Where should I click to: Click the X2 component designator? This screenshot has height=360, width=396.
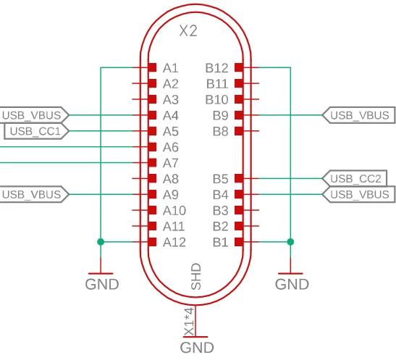pyautogui.click(x=188, y=31)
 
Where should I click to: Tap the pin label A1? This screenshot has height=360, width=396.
pyautogui.click(x=171, y=68)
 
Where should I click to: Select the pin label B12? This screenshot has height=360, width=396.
pyautogui.click(x=216, y=68)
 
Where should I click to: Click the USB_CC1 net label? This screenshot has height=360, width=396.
pyautogui.click(x=35, y=131)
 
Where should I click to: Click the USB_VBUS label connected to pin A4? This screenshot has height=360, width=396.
pyautogui.click(x=32, y=115)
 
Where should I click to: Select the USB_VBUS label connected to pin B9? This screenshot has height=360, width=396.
pyautogui.click(x=360, y=115)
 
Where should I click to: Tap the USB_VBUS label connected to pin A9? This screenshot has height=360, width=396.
pyautogui.click(x=32, y=194)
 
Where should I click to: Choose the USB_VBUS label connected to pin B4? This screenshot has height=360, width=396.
pyautogui.click(x=360, y=194)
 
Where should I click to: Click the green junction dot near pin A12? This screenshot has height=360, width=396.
pyautogui.click(x=101, y=242)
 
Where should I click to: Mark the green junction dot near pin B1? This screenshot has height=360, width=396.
pyautogui.click(x=290, y=242)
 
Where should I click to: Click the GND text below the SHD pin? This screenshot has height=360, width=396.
pyautogui.click(x=197, y=348)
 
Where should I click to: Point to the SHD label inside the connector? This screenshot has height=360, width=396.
pyautogui.click(x=196, y=277)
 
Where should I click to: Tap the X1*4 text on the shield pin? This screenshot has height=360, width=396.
pyautogui.click(x=190, y=322)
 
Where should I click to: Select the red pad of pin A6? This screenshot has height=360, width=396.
pyautogui.click(x=152, y=147)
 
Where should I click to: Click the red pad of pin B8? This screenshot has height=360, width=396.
pyautogui.click(x=239, y=131)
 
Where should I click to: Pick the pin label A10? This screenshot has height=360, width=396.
pyautogui.click(x=174, y=211)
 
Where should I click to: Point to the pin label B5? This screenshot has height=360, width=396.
pyautogui.click(x=221, y=179)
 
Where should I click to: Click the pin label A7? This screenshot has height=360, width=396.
pyautogui.click(x=171, y=163)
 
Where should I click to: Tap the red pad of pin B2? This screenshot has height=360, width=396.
pyautogui.click(x=239, y=226)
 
